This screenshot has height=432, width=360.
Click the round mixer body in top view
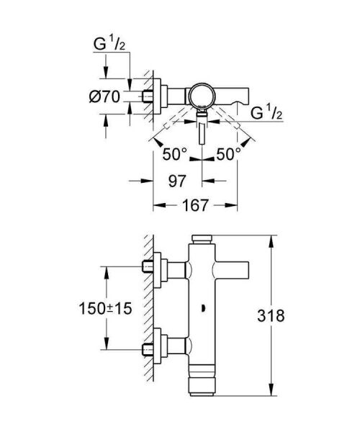pos(202,95)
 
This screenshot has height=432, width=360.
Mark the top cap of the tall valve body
pos(202,238)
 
